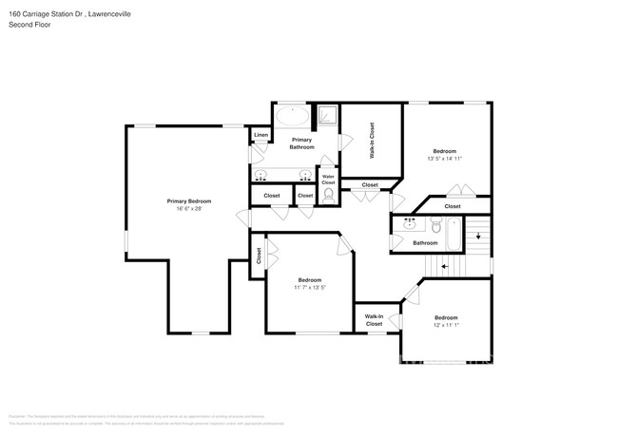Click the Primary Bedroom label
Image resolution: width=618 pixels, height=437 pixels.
click(188, 200)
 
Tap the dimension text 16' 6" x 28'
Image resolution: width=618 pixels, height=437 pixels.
click(188, 208)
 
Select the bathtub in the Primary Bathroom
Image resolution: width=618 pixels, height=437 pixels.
click(293, 118)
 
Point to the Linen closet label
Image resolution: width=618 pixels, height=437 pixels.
click(261, 136)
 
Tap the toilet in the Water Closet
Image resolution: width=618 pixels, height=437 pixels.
click(328, 195)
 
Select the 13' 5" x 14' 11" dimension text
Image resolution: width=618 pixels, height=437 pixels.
click(444, 159)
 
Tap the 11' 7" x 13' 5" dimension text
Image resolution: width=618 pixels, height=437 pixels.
click(310, 287)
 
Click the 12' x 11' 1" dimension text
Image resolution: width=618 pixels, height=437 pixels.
click(446, 325)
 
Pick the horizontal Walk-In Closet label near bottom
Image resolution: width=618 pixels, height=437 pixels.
click(374, 320)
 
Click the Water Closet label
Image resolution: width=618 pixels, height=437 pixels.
click(328, 178)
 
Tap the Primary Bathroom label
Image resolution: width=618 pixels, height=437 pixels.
click(301, 143)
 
